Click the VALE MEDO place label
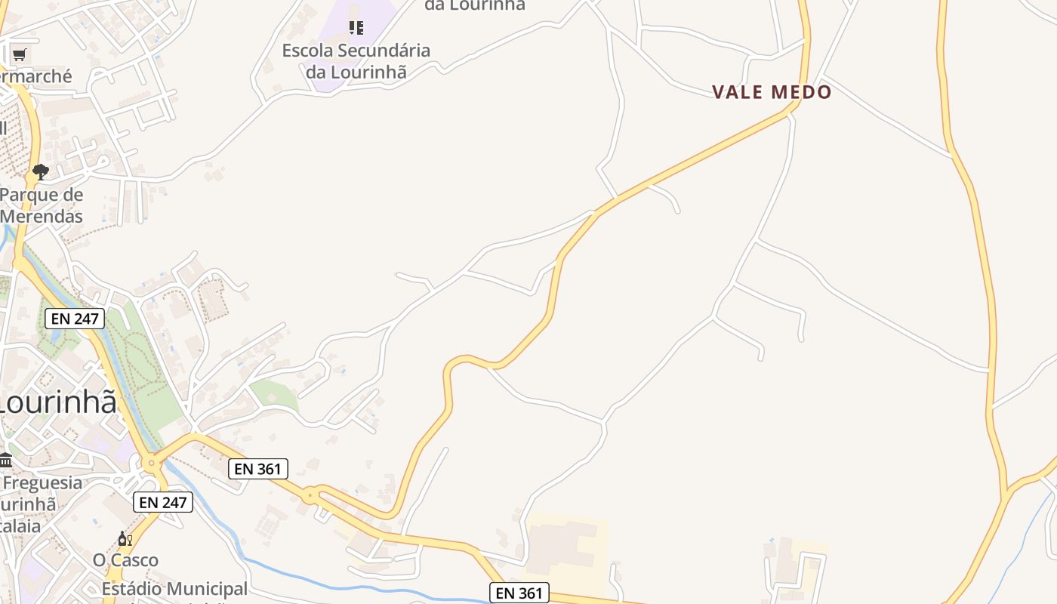point(772,92)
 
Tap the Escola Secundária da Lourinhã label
point(356,61)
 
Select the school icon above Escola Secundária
point(356,28)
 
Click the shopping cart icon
point(19,54)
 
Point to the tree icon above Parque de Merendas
point(41,172)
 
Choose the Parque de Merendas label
point(42,205)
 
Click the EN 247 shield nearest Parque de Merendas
point(75,319)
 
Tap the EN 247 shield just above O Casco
point(163,501)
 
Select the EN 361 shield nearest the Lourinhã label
point(258,469)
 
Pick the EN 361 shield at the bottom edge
point(519,593)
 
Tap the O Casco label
point(125,560)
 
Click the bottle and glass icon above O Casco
point(125,539)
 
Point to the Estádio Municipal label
point(174,589)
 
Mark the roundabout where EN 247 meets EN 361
point(153,462)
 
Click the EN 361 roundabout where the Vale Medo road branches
point(310,496)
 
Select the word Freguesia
point(42,482)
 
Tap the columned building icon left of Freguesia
point(6,460)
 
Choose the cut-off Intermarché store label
point(36,76)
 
